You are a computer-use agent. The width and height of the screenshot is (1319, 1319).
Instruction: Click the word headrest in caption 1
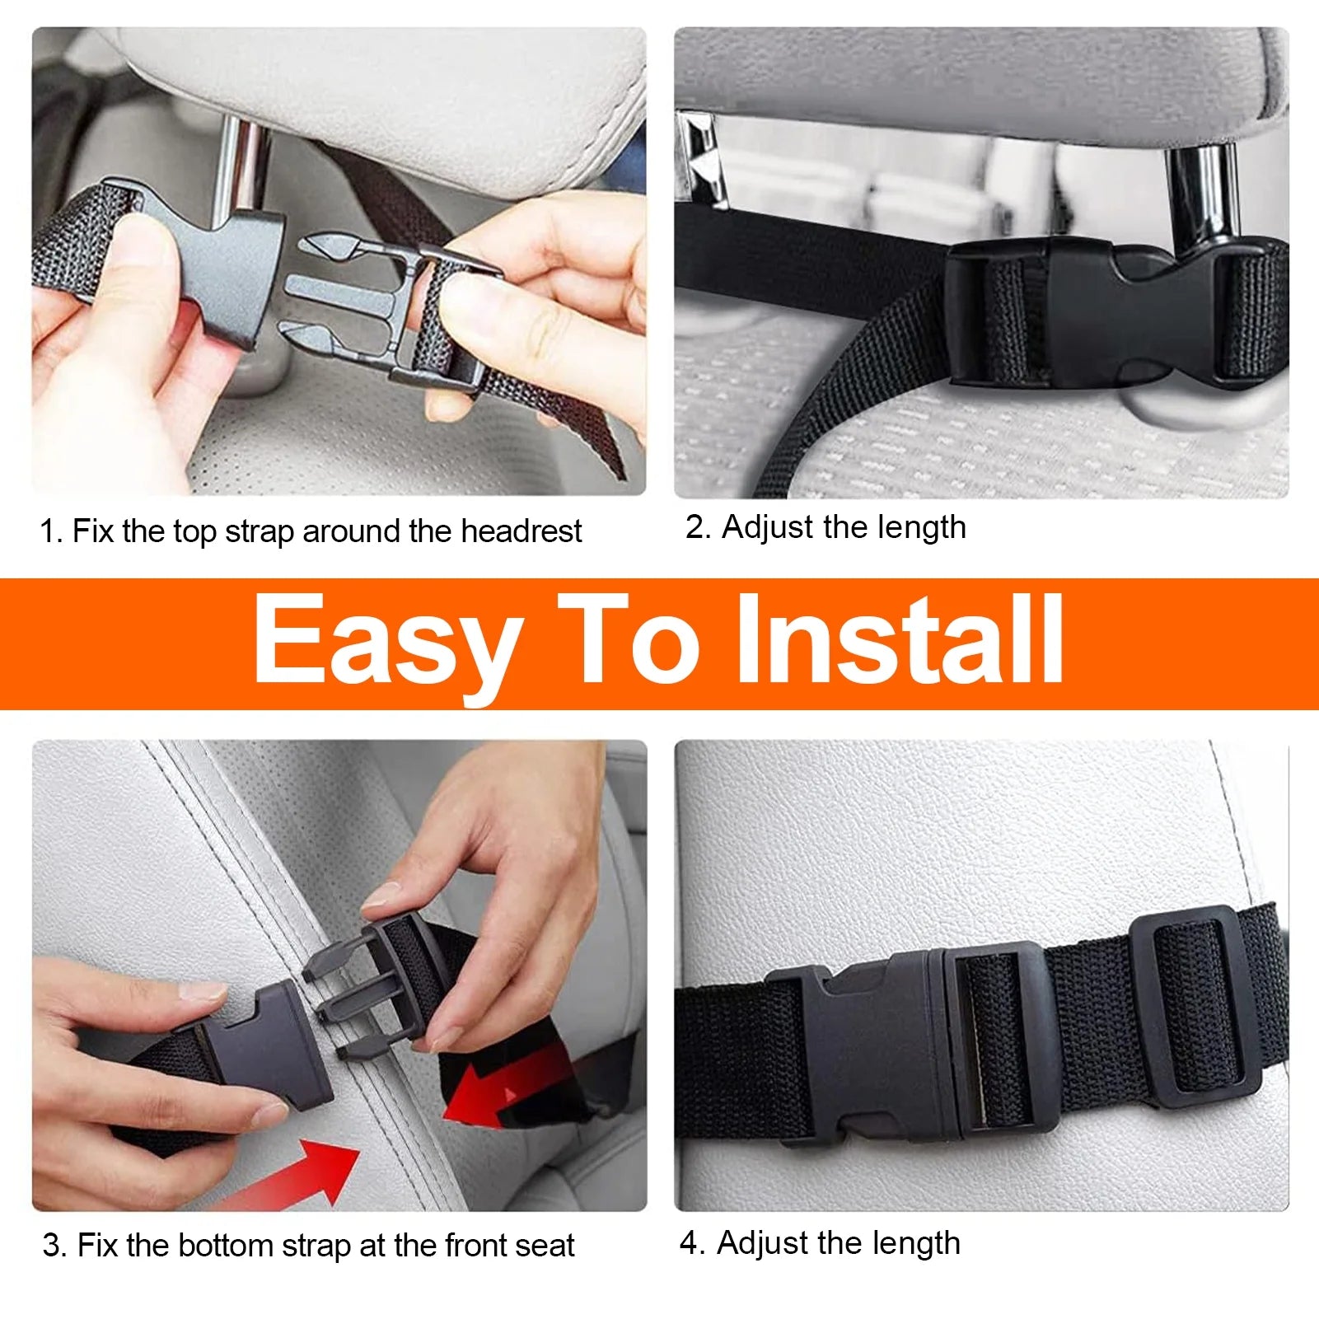pos(521,531)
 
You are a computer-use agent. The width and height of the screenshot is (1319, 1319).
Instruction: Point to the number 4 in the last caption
pos(689,1242)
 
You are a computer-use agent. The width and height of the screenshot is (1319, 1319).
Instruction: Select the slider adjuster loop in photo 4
pos(1195,1005)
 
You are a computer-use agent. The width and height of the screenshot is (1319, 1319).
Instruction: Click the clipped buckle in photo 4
pos(914,1046)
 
